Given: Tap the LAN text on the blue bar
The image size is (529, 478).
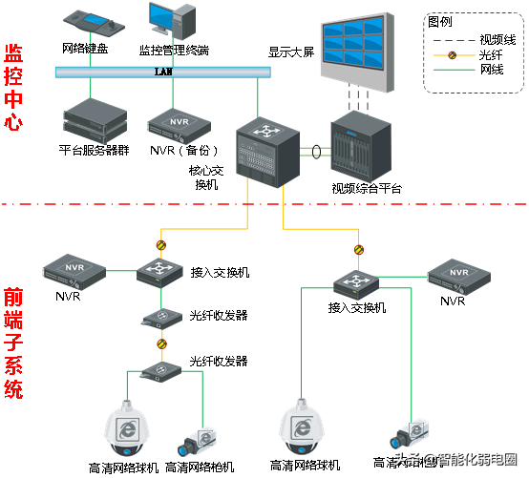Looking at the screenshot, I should [x=161, y=72].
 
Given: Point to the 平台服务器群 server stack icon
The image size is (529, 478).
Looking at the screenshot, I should [x=93, y=119].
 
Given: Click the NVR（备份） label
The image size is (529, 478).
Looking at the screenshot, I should [x=185, y=151].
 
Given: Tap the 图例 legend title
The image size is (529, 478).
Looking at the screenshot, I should [x=441, y=21].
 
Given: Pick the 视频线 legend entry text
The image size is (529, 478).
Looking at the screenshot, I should [x=497, y=39].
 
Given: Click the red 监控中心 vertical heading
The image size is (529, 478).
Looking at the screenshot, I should [x=14, y=87].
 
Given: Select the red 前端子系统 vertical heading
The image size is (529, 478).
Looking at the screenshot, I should [x=14, y=343].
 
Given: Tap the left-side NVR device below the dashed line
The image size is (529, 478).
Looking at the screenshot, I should [x=73, y=271].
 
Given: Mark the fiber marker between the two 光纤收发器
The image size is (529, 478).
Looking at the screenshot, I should [x=161, y=342].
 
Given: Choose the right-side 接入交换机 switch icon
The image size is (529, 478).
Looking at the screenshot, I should [x=358, y=283].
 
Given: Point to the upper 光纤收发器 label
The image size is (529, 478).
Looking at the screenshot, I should [x=219, y=316].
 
